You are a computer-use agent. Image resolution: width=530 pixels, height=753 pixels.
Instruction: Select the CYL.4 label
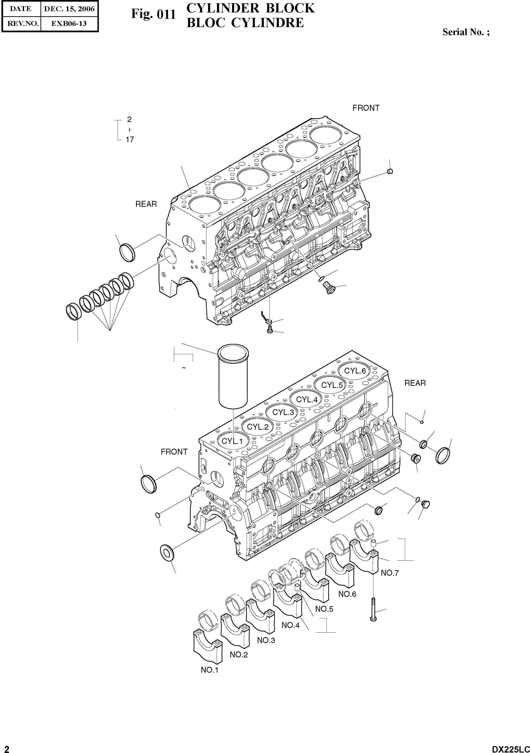click(307, 399)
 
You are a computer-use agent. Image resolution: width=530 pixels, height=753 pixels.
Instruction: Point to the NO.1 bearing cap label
click(209, 670)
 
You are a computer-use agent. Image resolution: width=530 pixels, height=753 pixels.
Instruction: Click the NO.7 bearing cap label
click(390, 573)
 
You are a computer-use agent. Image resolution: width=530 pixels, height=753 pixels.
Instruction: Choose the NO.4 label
click(290, 625)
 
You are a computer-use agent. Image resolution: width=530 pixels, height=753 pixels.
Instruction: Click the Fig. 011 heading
click(153, 14)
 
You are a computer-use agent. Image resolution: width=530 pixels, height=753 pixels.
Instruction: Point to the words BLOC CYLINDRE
click(245, 23)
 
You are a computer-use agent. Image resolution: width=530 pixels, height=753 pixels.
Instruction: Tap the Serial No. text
click(466, 32)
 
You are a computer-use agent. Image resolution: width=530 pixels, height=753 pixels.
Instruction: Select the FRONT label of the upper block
click(366, 108)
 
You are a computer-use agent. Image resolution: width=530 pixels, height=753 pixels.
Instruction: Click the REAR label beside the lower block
click(415, 383)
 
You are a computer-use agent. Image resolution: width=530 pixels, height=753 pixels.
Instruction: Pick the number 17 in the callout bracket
click(130, 140)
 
